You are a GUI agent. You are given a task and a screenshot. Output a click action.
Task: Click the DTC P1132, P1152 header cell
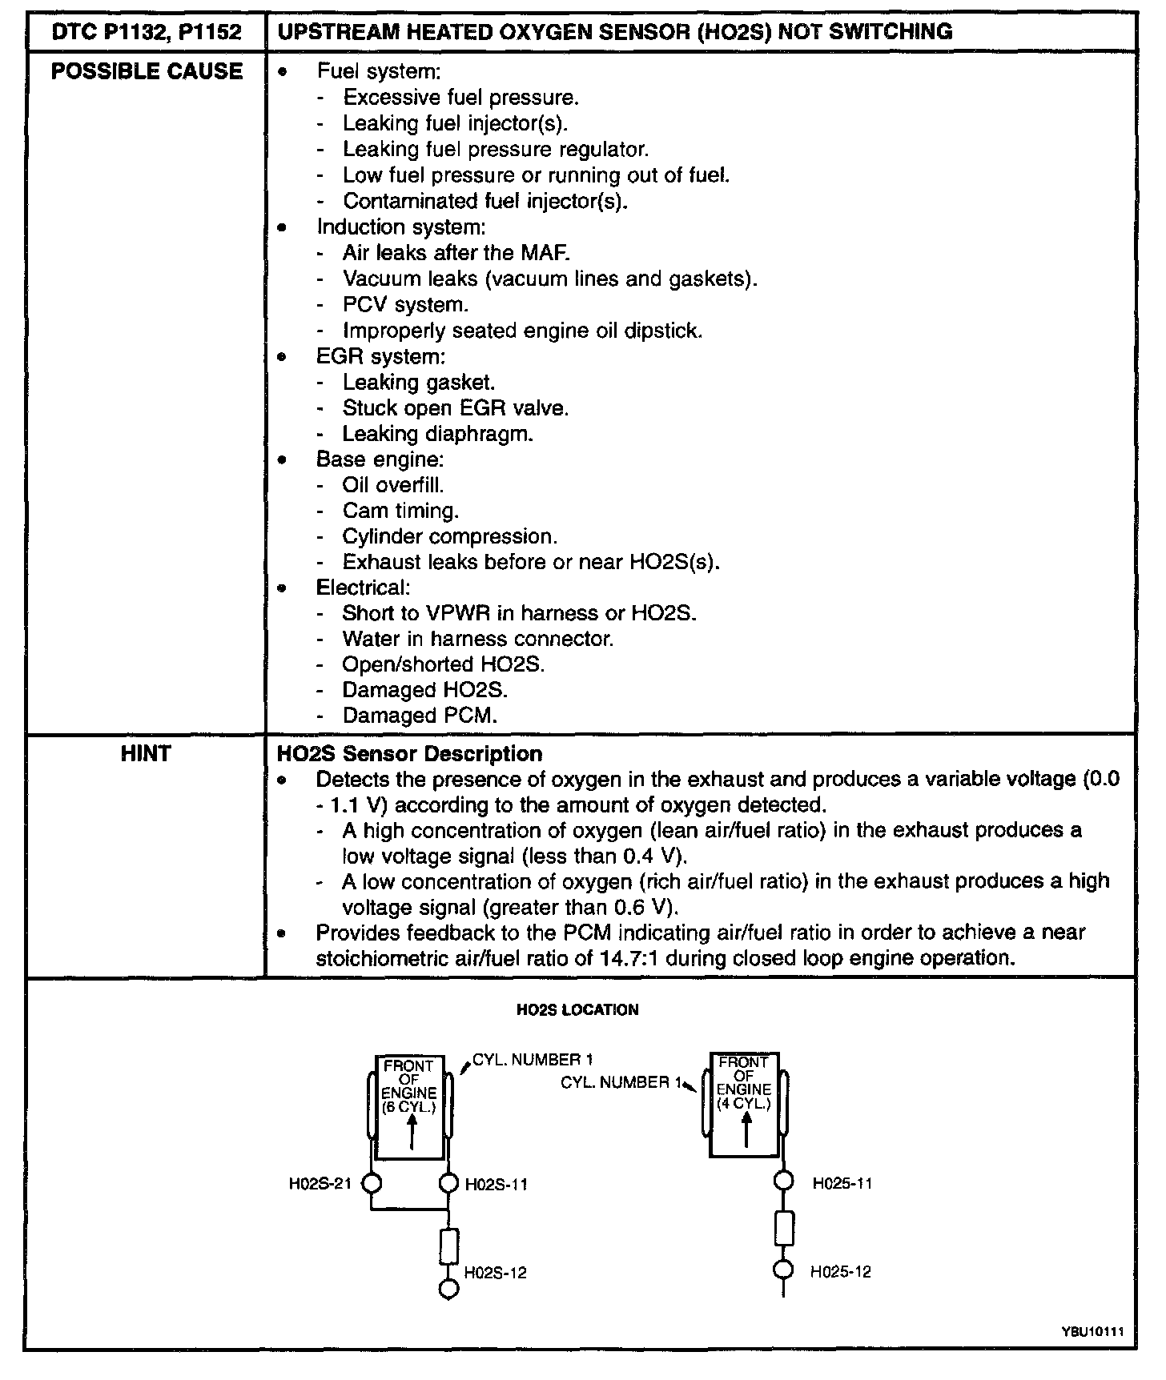[147, 32]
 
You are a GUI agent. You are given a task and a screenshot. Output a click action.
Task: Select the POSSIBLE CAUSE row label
[147, 71]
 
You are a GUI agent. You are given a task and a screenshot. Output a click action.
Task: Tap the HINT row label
[146, 753]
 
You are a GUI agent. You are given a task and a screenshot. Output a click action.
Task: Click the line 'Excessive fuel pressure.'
[460, 98]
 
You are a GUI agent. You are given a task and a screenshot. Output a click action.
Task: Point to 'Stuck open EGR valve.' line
[455, 408]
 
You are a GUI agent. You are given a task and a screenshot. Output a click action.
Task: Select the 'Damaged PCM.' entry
[420, 715]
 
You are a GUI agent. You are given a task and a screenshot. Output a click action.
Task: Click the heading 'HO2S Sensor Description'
[409, 754]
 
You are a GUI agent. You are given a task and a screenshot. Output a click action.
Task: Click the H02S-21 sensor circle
[371, 1183]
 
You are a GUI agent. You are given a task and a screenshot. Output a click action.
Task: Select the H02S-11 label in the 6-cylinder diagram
[496, 1185]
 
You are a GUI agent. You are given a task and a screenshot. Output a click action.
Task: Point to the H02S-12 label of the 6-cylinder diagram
[496, 1273]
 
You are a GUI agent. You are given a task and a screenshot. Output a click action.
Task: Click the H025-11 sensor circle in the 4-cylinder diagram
[784, 1181]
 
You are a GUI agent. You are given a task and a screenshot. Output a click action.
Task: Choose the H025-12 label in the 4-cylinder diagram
[840, 1272]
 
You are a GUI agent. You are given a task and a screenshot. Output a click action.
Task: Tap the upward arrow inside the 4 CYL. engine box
[746, 1129]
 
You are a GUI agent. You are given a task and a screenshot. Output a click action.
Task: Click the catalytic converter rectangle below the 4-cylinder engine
[784, 1228]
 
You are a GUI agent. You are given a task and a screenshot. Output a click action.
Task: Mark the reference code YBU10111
[1093, 1331]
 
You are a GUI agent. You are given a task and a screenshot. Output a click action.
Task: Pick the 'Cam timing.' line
[400, 511]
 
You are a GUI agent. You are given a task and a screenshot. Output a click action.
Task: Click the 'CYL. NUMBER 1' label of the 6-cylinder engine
[533, 1060]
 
